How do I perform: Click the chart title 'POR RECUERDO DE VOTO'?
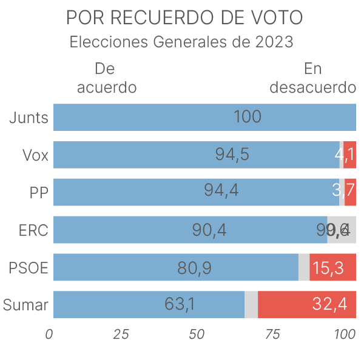pos(184,18)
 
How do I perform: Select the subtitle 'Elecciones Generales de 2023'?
pos(182,42)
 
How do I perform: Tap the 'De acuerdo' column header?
pos(106,78)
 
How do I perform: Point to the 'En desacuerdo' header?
pos(312,78)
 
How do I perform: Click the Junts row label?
pos(29,118)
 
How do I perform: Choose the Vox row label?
pos(35,155)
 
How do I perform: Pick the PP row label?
pos(39,192)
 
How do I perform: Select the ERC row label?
pos(33,230)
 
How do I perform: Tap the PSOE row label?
pos(29,267)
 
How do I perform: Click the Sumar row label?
pos(25,305)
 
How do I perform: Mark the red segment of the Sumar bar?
pos(307,304)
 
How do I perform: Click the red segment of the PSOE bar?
pos(332,267)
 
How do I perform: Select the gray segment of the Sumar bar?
pos(251,304)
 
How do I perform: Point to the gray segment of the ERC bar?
pos(342,230)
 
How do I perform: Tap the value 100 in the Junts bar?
pos(248,118)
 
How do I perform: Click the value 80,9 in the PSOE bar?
pos(194,267)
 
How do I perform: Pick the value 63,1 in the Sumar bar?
pos(180,304)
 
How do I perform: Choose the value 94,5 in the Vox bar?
pos(232,155)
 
